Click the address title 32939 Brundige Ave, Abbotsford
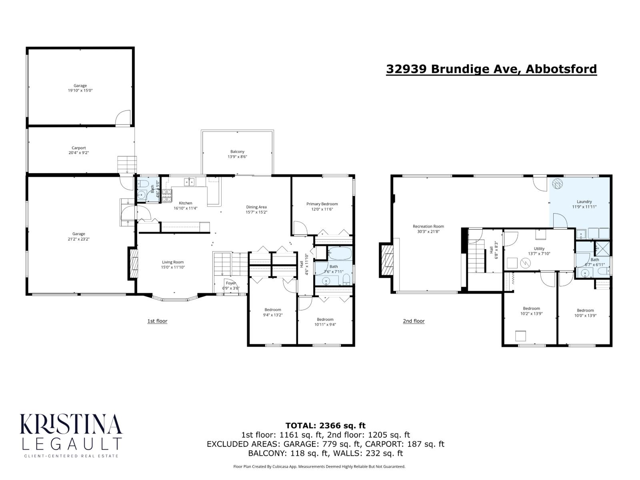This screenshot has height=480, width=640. [491, 69]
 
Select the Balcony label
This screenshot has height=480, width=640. [237, 152]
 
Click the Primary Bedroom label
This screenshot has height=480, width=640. [322, 204]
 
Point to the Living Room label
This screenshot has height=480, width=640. [173, 262]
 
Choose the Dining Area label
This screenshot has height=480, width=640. [256, 207]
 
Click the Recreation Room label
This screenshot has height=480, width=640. [428, 226]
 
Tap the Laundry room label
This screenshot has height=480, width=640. [584, 202]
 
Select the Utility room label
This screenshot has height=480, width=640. [536, 248]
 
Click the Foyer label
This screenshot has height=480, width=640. [231, 283]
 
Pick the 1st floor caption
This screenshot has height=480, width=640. [157, 321]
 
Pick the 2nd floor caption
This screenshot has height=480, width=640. [414, 321]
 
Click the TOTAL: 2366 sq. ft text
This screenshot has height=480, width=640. [325, 426]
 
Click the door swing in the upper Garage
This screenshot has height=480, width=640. [123, 119]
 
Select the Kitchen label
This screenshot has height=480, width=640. [186, 203]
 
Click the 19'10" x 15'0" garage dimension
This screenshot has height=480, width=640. [80, 90]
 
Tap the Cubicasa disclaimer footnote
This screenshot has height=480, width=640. [319, 466]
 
